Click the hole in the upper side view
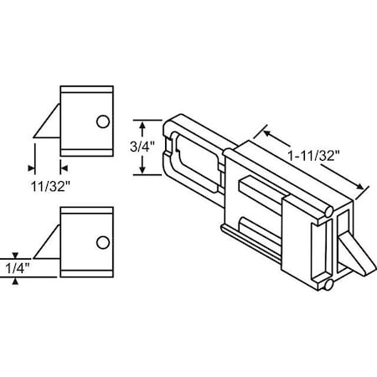[x=102, y=121]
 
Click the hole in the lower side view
[x=102, y=243]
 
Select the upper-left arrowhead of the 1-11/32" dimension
[x=267, y=132]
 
